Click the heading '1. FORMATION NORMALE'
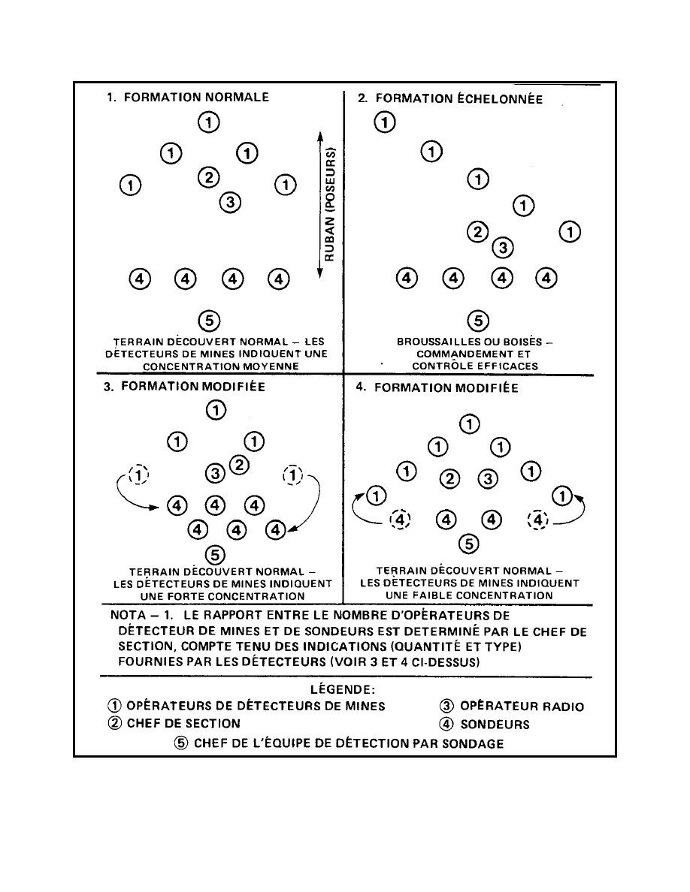[187, 97]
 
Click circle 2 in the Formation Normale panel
[208, 178]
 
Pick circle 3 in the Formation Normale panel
[230, 201]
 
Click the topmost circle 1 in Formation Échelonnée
[384, 122]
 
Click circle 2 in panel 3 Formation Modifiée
[239, 465]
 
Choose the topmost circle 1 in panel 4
[470, 424]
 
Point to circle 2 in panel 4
[449, 478]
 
